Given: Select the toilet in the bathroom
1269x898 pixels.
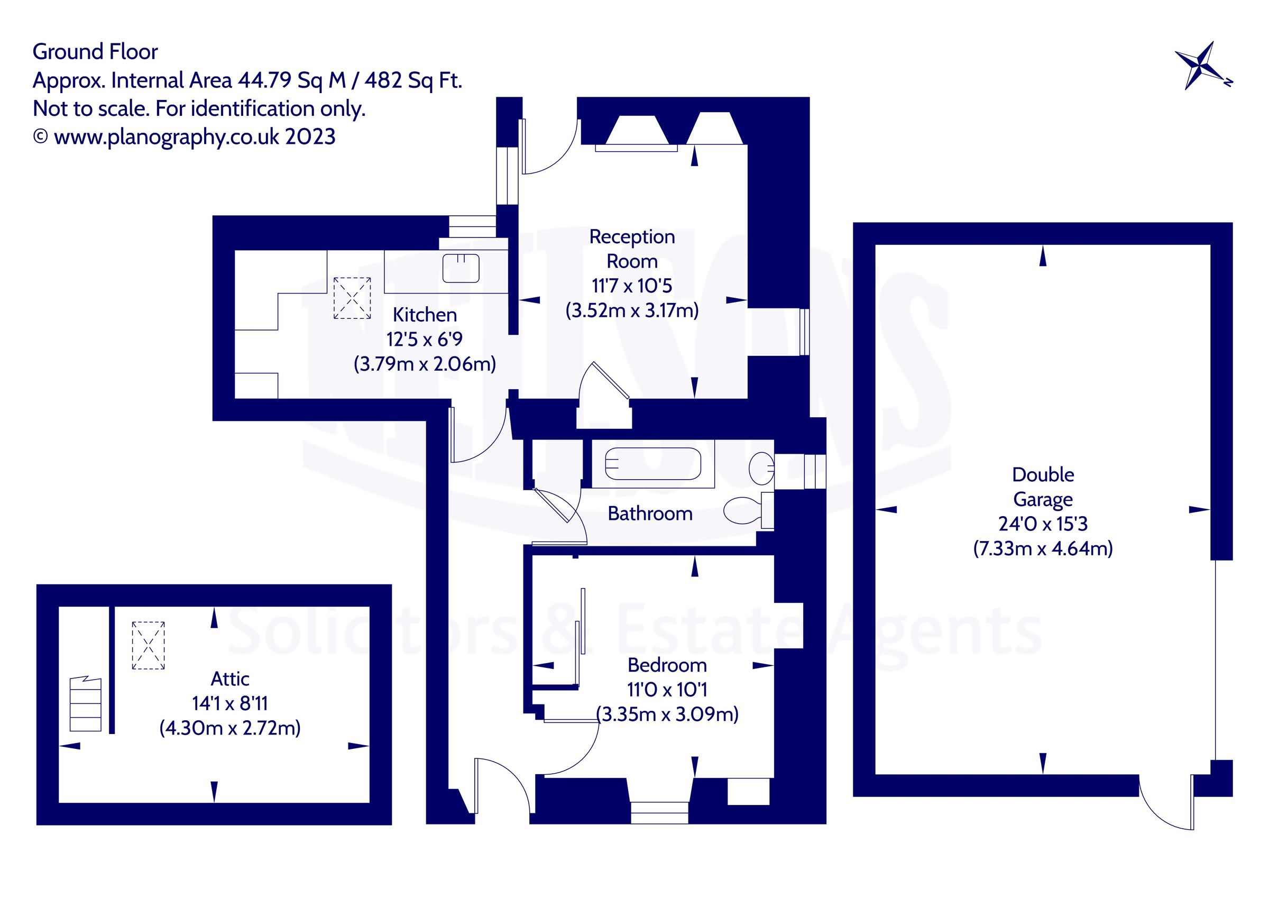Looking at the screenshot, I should click(744, 510).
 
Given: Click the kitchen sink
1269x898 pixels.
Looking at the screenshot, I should click(461, 268).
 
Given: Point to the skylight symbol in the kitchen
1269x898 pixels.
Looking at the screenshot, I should click(352, 298).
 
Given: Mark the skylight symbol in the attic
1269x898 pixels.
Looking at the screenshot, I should click(148, 645).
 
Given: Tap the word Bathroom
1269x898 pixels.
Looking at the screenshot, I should click(650, 514).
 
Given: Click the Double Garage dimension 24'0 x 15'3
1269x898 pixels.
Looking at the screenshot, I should click(1042, 524).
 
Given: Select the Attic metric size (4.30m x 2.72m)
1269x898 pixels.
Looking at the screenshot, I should click(230, 728).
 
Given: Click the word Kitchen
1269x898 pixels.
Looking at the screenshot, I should click(425, 315).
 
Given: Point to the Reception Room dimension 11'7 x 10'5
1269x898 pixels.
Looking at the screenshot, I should click(632, 286).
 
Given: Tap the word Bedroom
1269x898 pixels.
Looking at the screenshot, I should click(667, 665).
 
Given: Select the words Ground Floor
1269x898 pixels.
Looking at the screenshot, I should click(95, 51).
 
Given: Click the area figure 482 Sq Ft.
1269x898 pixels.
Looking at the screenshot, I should click(413, 81).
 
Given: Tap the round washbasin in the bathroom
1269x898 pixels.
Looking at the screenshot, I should click(761, 469).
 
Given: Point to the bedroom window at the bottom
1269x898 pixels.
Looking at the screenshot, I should click(659, 813).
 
